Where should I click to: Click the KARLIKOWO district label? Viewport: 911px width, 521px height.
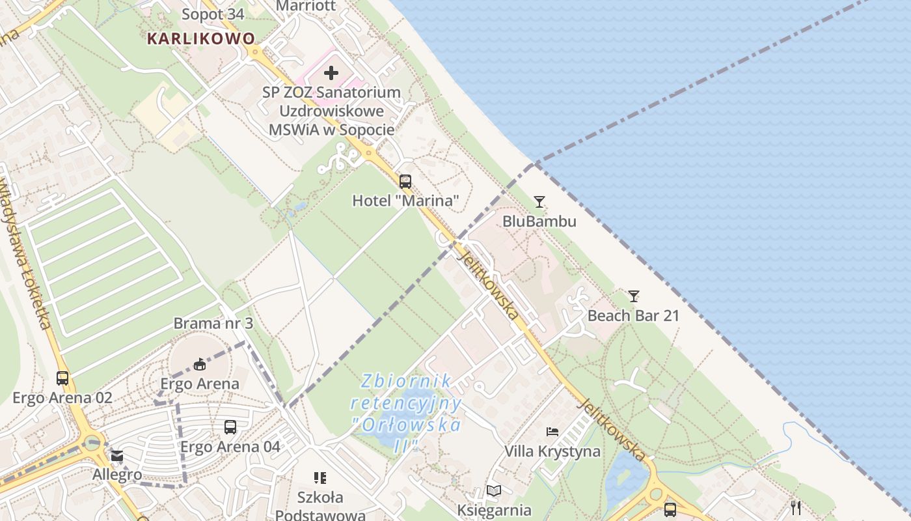[201, 38]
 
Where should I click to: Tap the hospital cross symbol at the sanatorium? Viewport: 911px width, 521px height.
[331, 73]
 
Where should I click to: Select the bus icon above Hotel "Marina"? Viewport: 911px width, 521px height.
[405, 182]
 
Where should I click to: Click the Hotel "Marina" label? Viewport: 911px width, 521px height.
[405, 201]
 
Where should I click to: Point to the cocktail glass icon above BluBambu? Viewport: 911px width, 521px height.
[539, 202]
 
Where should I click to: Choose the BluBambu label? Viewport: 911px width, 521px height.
[539, 221]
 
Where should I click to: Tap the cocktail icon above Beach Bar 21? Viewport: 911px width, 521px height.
[633, 296]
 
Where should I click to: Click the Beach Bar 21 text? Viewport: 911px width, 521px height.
[633, 316]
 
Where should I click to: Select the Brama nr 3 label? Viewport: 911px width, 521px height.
[213, 323]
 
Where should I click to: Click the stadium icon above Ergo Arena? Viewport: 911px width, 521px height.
[200, 364]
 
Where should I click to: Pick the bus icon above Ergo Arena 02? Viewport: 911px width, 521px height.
[62, 378]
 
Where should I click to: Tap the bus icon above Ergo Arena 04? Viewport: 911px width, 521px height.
[230, 427]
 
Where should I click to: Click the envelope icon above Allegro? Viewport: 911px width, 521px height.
[117, 456]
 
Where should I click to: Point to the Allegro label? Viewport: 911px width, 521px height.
[117, 474]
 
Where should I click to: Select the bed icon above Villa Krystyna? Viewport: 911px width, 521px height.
[552, 432]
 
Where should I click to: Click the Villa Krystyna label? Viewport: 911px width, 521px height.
[552, 451]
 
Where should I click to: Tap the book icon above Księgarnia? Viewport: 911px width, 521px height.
[494, 491]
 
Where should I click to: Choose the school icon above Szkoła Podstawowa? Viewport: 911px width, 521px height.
[320, 479]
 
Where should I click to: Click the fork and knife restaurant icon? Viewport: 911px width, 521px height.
[796, 507]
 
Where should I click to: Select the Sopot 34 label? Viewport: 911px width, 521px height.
[213, 14]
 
